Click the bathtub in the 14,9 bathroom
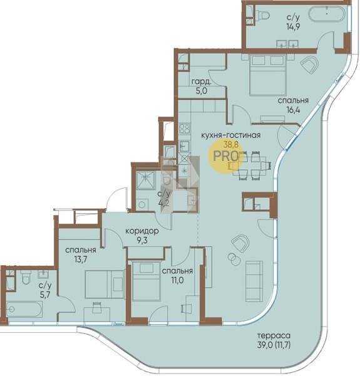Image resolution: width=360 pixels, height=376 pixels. (327, 14)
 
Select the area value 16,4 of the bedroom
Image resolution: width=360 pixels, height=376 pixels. (293, 110)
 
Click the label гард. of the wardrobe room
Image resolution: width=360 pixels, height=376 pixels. (202, 82)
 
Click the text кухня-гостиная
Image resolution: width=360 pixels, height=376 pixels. (230, 135)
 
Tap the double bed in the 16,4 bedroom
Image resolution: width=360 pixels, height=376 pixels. (268, 75)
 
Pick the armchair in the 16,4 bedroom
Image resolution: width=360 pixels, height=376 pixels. (309, 65)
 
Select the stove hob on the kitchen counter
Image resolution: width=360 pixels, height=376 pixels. (185, 128)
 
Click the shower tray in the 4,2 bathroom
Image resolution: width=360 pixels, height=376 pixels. (146, 180)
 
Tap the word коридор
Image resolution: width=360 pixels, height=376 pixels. (142, 231)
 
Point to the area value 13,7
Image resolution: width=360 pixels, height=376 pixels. (81, 259)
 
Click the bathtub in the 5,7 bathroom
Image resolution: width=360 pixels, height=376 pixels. (24, 309)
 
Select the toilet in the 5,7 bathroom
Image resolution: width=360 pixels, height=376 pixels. (26, 278)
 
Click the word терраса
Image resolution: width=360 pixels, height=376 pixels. (274, 335)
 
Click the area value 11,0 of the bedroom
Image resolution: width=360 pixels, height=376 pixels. (177, 280)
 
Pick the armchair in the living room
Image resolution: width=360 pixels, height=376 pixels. (240, 243)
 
